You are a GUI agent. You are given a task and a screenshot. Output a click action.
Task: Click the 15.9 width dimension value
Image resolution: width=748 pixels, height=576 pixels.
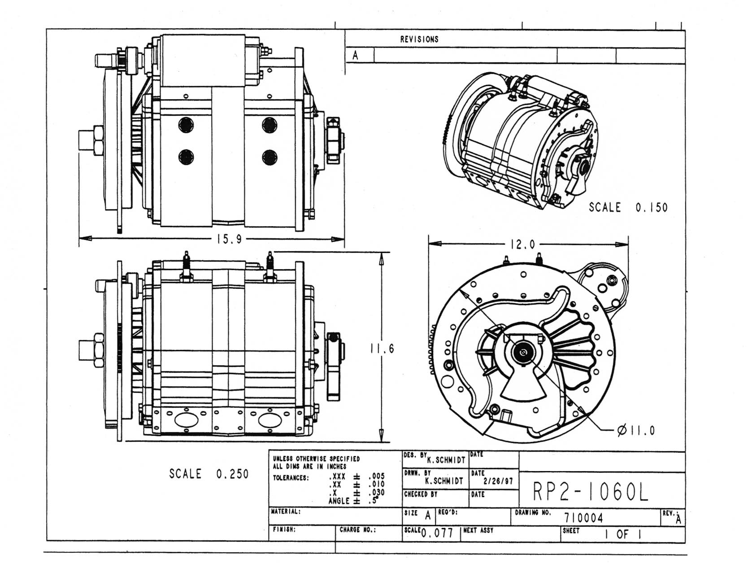[229, 239]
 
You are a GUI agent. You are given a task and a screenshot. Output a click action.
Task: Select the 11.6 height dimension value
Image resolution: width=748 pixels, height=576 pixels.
[382, 349]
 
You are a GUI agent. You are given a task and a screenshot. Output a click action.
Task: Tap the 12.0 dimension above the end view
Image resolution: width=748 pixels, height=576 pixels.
[523, 244]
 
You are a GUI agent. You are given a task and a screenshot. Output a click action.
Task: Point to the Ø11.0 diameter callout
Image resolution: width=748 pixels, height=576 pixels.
[636, 431]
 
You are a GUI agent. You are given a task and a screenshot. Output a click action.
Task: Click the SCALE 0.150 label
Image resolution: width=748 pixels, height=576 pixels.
[628, 207]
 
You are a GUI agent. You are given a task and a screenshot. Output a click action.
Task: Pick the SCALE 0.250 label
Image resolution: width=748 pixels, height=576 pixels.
[209, 474]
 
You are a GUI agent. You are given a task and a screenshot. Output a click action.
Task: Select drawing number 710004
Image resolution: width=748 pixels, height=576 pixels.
[584, 518]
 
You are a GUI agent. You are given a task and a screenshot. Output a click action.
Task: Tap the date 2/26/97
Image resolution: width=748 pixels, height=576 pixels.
[498, 481]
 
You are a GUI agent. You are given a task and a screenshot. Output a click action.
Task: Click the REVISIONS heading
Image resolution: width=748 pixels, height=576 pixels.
[419, 39]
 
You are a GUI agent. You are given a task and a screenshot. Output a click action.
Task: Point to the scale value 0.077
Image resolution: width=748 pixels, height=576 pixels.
[438, 534]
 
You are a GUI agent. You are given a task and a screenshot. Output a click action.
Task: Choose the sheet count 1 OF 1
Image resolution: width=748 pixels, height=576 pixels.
[622, 534]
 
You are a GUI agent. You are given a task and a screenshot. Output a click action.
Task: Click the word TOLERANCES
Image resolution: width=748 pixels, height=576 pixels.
[291, 478]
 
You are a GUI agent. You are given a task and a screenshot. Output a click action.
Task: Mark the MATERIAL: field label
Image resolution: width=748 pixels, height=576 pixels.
[286, 511]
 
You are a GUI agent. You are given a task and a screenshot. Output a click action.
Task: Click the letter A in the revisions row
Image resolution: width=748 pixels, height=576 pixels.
[355, 56]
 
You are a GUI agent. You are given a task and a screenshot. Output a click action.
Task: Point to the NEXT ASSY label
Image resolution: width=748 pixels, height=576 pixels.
[478, 530]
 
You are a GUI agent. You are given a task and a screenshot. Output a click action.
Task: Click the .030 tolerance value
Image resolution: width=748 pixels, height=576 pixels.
[376, 493]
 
